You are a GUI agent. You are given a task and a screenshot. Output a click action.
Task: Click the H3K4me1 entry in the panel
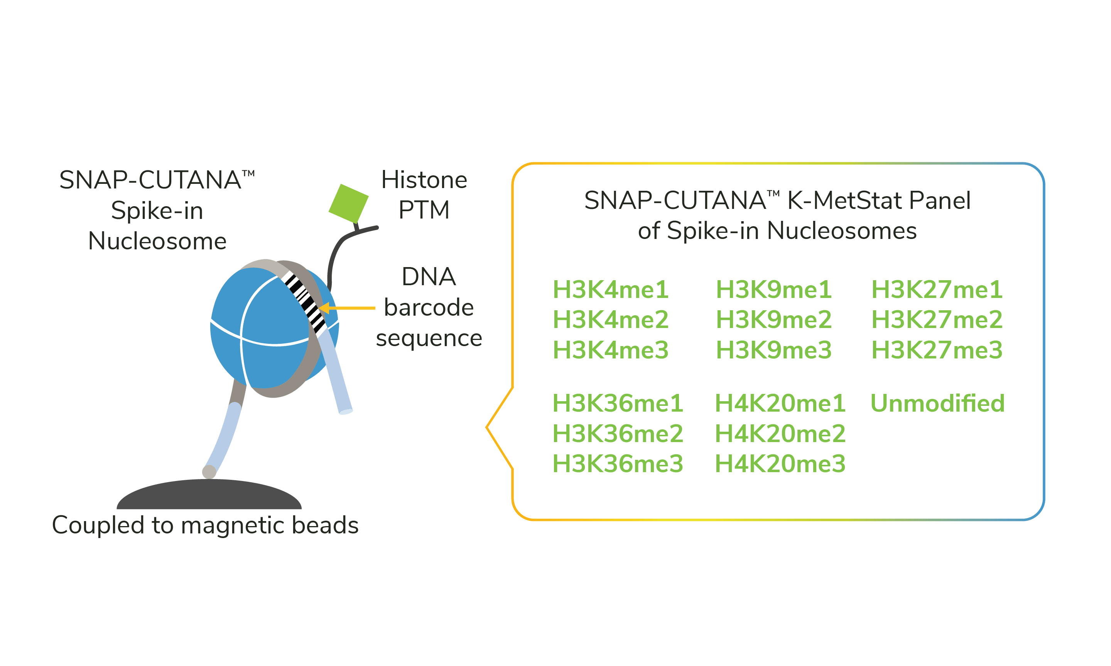610,289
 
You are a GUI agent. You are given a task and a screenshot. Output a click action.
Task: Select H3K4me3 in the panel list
610,350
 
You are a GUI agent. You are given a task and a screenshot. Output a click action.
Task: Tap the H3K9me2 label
773,320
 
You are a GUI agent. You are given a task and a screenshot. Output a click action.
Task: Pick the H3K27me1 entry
937,289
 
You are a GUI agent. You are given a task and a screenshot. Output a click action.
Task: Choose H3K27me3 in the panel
937,350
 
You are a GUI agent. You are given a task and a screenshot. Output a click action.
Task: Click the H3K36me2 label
618,434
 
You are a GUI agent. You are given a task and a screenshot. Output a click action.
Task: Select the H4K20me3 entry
780,464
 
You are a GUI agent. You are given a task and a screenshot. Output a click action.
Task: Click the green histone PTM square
348,203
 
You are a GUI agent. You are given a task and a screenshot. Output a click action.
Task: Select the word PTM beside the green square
424,210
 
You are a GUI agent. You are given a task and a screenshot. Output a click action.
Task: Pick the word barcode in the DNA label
429,308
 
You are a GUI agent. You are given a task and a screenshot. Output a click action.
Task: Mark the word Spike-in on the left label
157,210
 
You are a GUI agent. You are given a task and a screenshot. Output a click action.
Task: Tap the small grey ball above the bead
209,472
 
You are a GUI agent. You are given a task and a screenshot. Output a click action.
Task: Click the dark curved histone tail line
334,256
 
